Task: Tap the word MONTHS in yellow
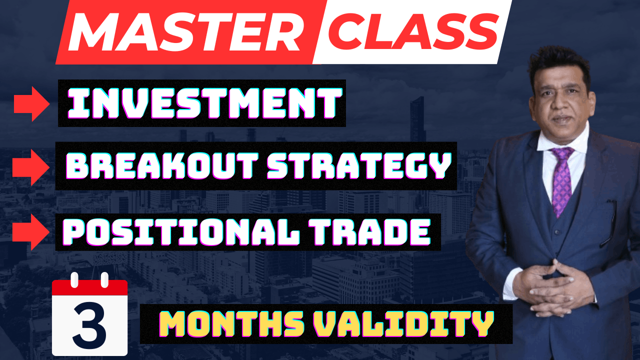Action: [234, 324]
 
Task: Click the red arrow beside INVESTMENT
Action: [31, 104]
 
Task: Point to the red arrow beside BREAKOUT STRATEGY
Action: [31, 166]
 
